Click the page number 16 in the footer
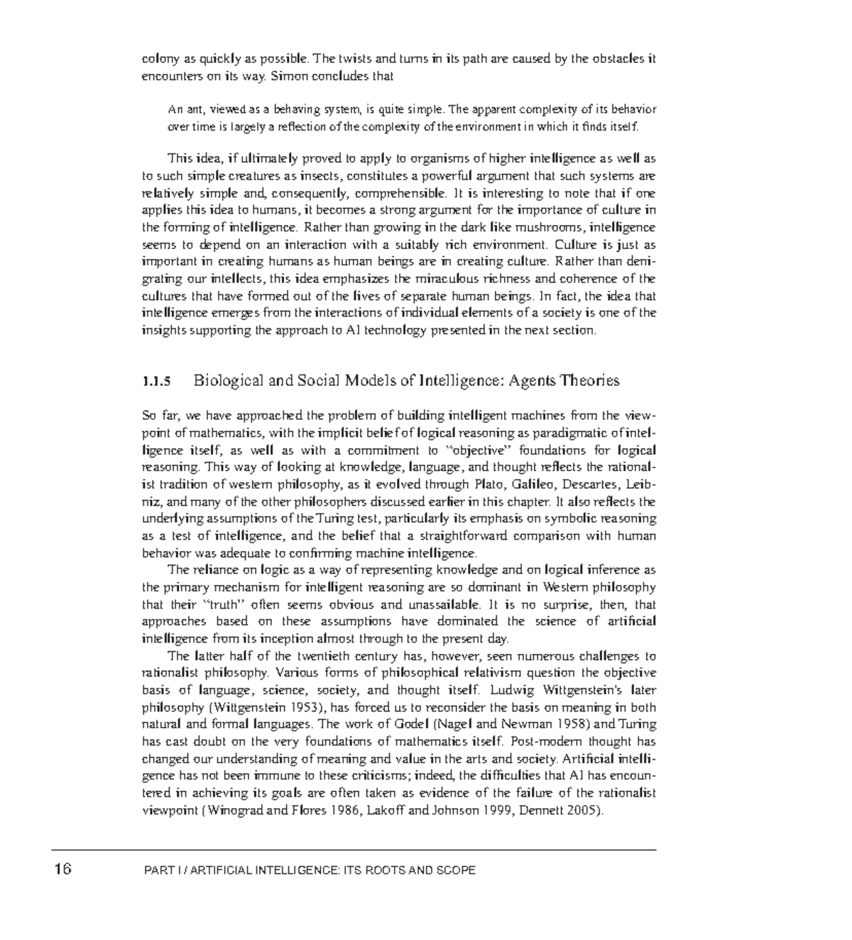click(62, 869)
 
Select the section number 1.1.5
click(157, 382)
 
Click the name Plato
click(487, 485)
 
